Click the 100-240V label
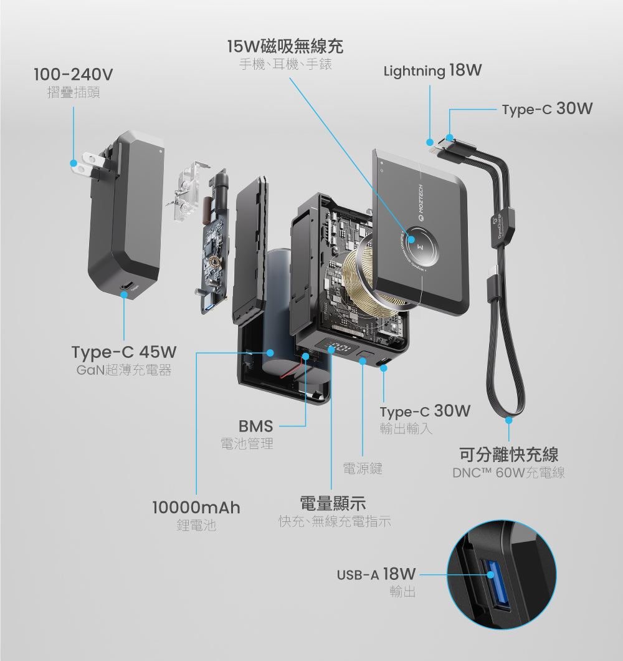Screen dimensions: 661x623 coord(73,75)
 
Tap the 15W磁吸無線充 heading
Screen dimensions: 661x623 coord(285,46)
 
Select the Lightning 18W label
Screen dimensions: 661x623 coord(432,71)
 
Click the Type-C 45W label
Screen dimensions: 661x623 coord(124,352)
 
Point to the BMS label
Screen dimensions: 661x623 coord(255,427)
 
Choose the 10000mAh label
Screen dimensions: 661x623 coord(196,508)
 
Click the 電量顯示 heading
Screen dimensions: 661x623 coord(333,503)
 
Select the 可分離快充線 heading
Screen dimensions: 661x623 coord(508,454)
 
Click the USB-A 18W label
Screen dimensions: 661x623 coord(378,574)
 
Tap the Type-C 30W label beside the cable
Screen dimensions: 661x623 coord(547,109)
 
